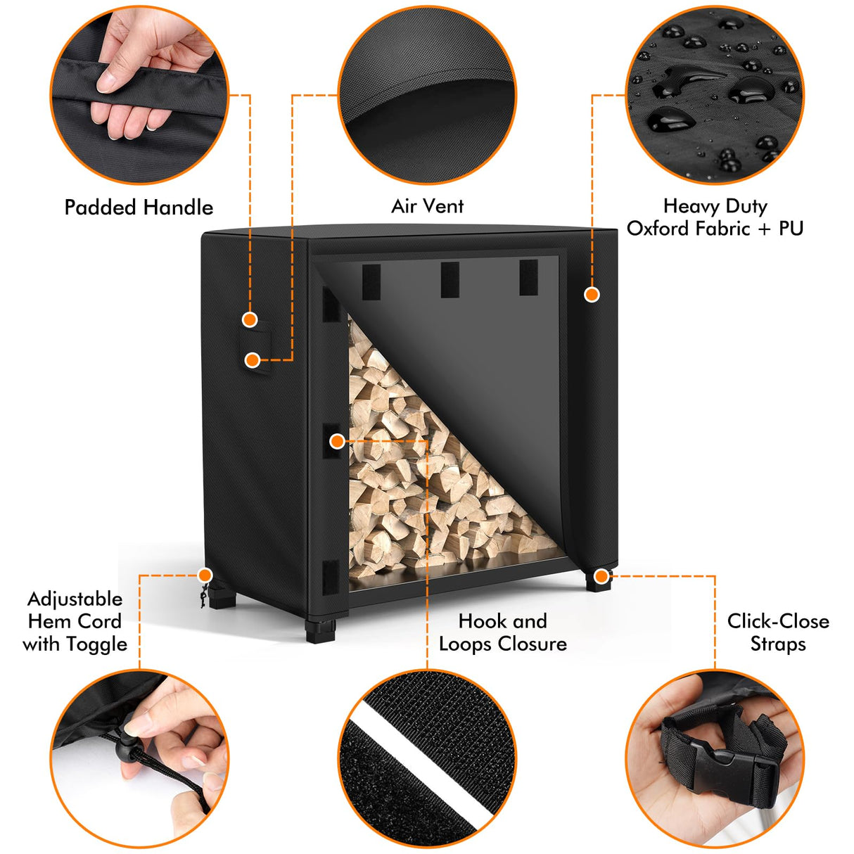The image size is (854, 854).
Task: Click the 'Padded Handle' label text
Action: click(139, 208)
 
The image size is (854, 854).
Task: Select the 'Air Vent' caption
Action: click(427, 206)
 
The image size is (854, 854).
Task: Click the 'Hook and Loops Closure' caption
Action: click(502, 632)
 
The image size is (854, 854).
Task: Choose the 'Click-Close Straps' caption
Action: click(777, 632)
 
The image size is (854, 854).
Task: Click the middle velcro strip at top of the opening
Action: click(450, 279)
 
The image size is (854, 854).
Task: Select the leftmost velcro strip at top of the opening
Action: click(371, 281)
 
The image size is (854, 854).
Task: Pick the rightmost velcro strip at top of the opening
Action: click(528, 278)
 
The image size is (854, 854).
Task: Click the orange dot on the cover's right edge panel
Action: click(592, 294)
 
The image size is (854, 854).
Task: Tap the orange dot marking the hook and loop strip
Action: click(337, 441)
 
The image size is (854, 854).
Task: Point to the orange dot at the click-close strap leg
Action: click(601, 577)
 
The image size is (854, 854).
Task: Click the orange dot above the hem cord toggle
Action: click(205, 575)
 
